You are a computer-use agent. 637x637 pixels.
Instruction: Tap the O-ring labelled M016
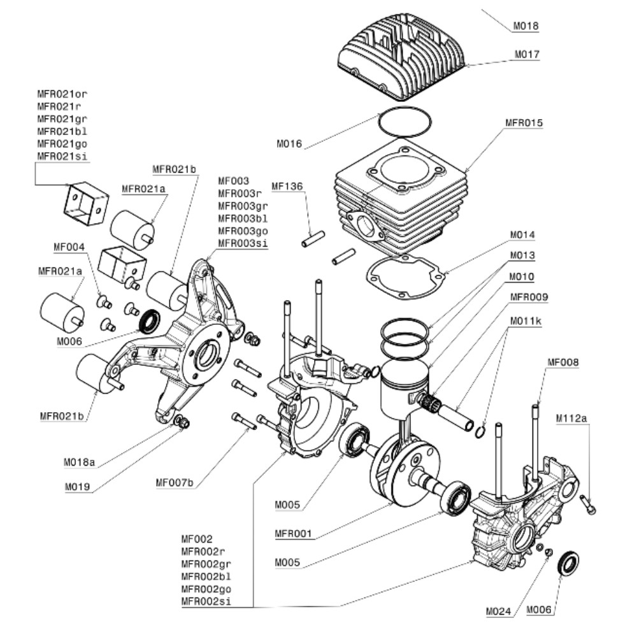pos(403,121)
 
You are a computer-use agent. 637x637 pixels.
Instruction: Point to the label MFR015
pos(524,123)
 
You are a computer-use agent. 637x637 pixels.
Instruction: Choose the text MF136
pos(287,187)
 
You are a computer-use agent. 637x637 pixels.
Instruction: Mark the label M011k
pos(525,321)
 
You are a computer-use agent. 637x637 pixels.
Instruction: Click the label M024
pos(499,612)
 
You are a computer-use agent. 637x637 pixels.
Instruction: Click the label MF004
pos(68,247)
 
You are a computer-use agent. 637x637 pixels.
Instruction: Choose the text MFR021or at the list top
pos(62,94)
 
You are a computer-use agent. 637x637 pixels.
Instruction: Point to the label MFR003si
pos(242,243)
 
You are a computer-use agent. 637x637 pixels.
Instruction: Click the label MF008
pos(562,363)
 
